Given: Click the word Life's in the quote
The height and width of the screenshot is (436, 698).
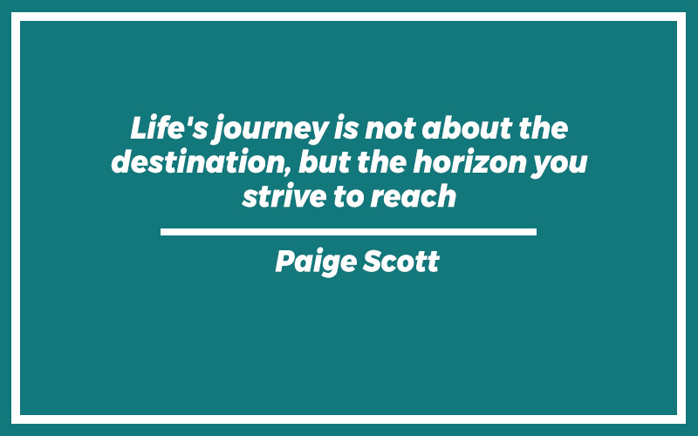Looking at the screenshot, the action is click(168, 127).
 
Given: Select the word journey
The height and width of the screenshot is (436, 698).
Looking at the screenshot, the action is click(270, 129).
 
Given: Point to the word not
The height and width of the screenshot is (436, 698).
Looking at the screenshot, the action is click(390, 129).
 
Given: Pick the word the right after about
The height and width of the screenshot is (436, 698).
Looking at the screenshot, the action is click(543, 128).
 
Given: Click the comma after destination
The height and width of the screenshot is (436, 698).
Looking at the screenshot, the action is click(287, 170).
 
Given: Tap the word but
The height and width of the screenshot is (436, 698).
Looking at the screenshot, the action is click(325, 161).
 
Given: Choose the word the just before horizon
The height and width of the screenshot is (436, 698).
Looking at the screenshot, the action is click(381, 161).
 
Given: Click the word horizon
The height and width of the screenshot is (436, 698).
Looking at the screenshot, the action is click(469, 161).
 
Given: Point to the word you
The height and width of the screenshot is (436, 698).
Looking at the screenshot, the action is click(559, 165).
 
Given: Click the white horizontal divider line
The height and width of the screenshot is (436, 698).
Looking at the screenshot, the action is click(348, 232).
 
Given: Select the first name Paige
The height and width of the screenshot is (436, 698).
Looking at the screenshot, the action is click(316, 262).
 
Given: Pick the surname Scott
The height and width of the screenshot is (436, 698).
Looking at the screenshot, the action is click(401, 261).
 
